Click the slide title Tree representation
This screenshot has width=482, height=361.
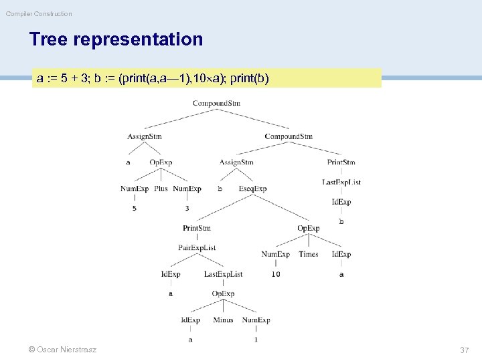[x=116, y=39]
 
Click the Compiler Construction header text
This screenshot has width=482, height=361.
[x=39, y=13]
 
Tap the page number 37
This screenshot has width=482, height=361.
[x=465, y=350]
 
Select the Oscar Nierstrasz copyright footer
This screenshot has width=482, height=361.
[x=62, y=350]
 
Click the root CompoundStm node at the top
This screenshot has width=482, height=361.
[x=216, y=103]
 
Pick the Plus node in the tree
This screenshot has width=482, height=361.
[x=161, y=189]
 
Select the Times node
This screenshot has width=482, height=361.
[x=309, y=254]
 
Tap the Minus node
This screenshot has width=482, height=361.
[x=223, y=320]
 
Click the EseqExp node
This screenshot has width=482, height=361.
[x=252, y=189]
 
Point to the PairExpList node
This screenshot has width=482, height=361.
[x=197, y=247]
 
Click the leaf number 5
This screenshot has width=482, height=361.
[x=135, y=208]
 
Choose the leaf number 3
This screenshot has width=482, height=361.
[x=187, y=208]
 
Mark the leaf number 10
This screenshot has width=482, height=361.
[x=276, y=273]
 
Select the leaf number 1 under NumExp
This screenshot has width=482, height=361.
[x=256, y=339]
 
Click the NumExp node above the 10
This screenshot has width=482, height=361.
[x=276, y=254]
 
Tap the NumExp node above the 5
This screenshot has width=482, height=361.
[x=135, y=189]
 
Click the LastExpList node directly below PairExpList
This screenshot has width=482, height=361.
[x=223, y=273]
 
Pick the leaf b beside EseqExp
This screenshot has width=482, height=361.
[x=220, y=189]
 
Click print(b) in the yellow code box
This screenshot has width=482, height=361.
[x=249, y=78]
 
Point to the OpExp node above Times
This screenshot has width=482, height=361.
[x=309, y=228]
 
